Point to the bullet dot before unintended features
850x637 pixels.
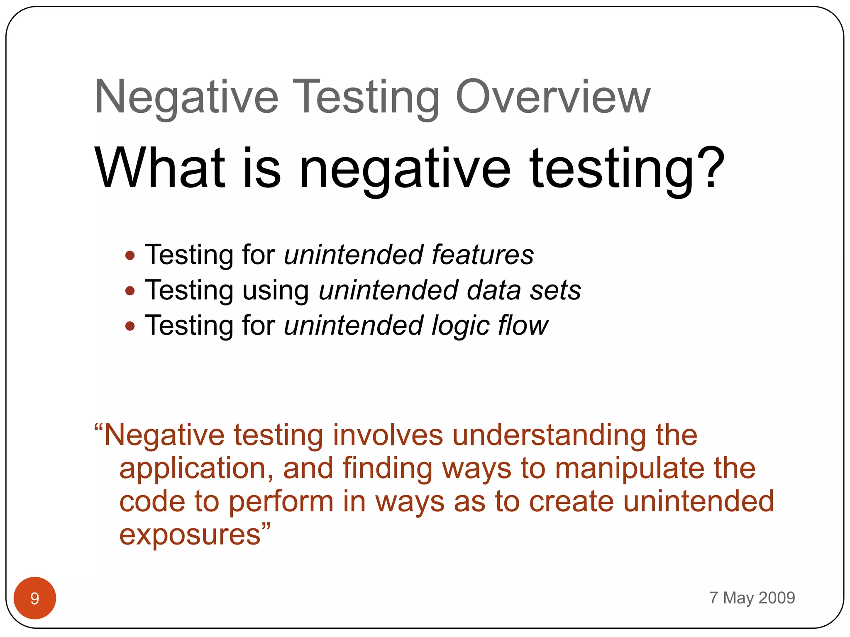pyautogui.click(x=130, y=255)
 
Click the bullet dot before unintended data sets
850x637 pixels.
pyautogui.click(x=130, y=291)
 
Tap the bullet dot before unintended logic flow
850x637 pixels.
pyautogui.click(x=130, y=326)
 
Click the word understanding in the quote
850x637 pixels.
pyautogui.click(x=549, y=436)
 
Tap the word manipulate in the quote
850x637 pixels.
pyautogui.click(x=629, y=469)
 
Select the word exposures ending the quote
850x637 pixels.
pyautogui.click(x=190, y=535)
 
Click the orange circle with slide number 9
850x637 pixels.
pyautogui.click(x=35, y=598)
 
